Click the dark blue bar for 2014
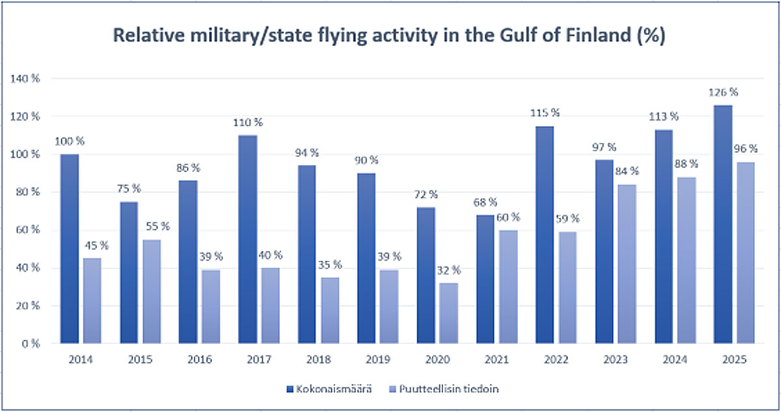[x=69, y=248]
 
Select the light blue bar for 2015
[x=152, y=291]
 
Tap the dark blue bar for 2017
[x=247, y=239]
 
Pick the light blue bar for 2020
[x=449, y=313]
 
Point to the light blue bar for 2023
[x=627, y=263]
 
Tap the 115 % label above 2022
[x=545, y=113]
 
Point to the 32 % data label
[x=448, y=269]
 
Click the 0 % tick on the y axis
[x=31, y=343]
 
